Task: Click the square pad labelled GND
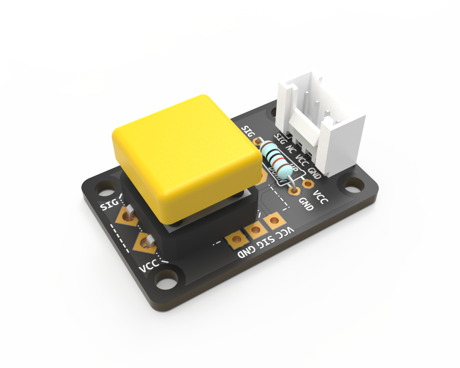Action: pos(234,241)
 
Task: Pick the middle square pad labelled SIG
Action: pos(254,231)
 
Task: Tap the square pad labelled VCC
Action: pos(272,221)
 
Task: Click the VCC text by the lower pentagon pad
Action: pos(149,266)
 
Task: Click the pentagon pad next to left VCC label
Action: pos(145,243)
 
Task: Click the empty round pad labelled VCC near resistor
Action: pos(308,183)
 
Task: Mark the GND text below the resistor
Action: pos(305,204)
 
